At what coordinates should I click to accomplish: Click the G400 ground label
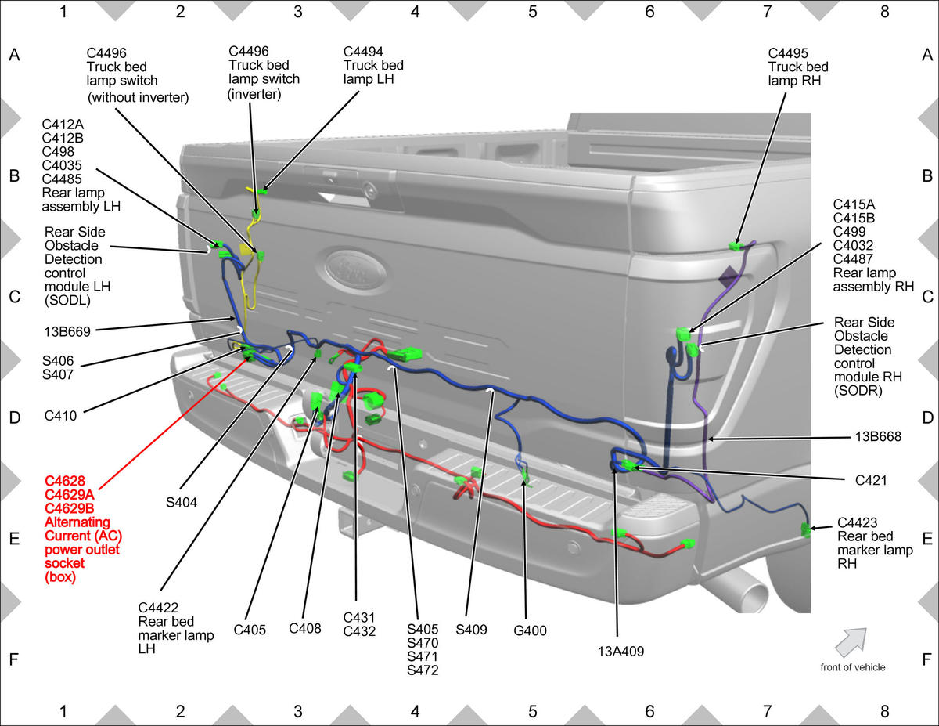pos(530,631)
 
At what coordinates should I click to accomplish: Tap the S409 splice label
pos(471,630)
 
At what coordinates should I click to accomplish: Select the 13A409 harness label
pos(621,651)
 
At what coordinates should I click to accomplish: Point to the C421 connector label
pos(871,480)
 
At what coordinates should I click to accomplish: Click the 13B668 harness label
pos(878,437)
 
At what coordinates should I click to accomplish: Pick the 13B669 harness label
pos(67,331)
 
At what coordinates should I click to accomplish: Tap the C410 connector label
pos(60,416)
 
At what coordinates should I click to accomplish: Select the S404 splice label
pos(181,503)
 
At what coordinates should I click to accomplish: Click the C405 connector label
pos(250,630)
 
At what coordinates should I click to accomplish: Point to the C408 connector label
pos(304,629)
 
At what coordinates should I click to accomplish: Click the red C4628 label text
pos(65,481)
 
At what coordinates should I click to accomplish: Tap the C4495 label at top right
pos(788,53)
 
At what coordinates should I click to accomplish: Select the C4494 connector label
pos(363,52)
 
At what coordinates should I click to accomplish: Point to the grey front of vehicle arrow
pos(851,643)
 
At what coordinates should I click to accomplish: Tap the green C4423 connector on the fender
pos(805,529)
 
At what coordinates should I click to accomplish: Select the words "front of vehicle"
pos(853,667)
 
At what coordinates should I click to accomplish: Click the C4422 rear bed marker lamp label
pos(176,628)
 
